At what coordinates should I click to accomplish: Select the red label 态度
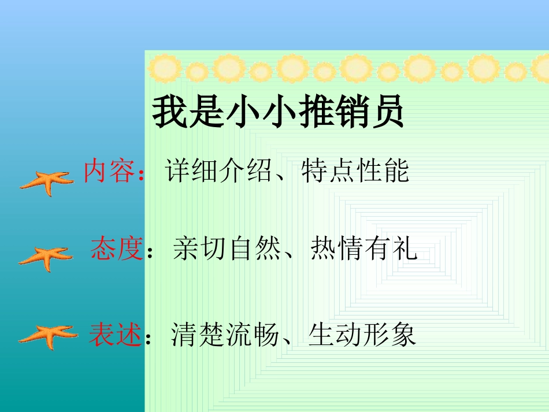pyautogui.click(x=116, y=250)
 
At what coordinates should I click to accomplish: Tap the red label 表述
pyautogui.click(x=115, y=335)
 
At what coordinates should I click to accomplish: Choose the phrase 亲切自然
pyautogui.click(x=227, y=250)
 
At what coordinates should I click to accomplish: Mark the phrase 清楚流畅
pyautogui.click(x=226, y=335)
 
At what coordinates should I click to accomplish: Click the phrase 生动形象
pyautogui.click(x=362, y=335)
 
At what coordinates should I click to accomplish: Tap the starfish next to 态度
pyautogui.click(x=46, y=257)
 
